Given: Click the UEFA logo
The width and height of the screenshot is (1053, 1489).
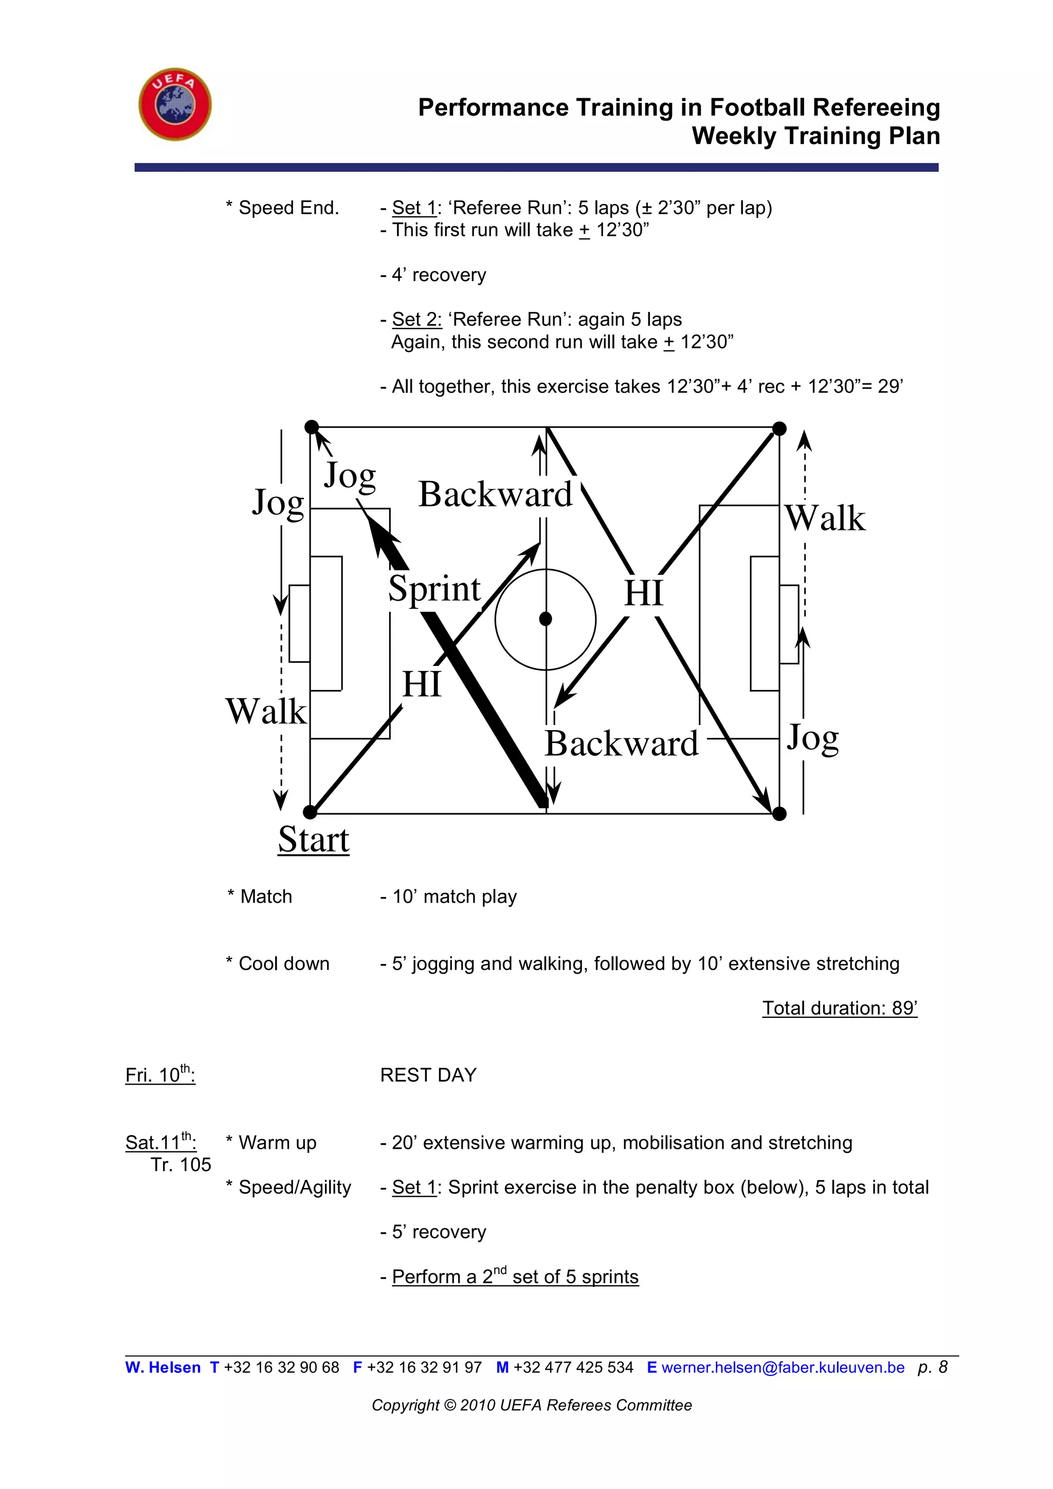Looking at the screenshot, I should [175, 104].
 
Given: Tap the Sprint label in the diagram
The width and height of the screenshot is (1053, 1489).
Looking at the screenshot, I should [434, 589].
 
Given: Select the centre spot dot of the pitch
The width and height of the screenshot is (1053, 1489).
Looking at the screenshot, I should [546, 619].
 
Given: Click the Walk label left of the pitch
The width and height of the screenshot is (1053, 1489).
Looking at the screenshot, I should [266, 712].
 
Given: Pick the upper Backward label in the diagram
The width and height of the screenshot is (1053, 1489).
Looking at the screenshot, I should [495, 494].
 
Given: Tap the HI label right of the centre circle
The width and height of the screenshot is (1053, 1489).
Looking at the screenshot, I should [644, 593].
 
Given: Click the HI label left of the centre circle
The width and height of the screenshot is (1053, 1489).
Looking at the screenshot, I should [422, 684].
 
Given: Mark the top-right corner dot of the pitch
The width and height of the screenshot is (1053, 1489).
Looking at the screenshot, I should [779, 429].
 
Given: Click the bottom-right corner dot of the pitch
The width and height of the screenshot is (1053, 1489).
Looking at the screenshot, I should [779, 813].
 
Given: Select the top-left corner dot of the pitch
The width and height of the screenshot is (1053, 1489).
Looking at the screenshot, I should [312, 427].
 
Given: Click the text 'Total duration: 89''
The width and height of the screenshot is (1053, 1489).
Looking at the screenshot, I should [839, 1008].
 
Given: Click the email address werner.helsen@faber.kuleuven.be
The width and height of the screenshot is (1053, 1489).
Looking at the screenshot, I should [783, 1367].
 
